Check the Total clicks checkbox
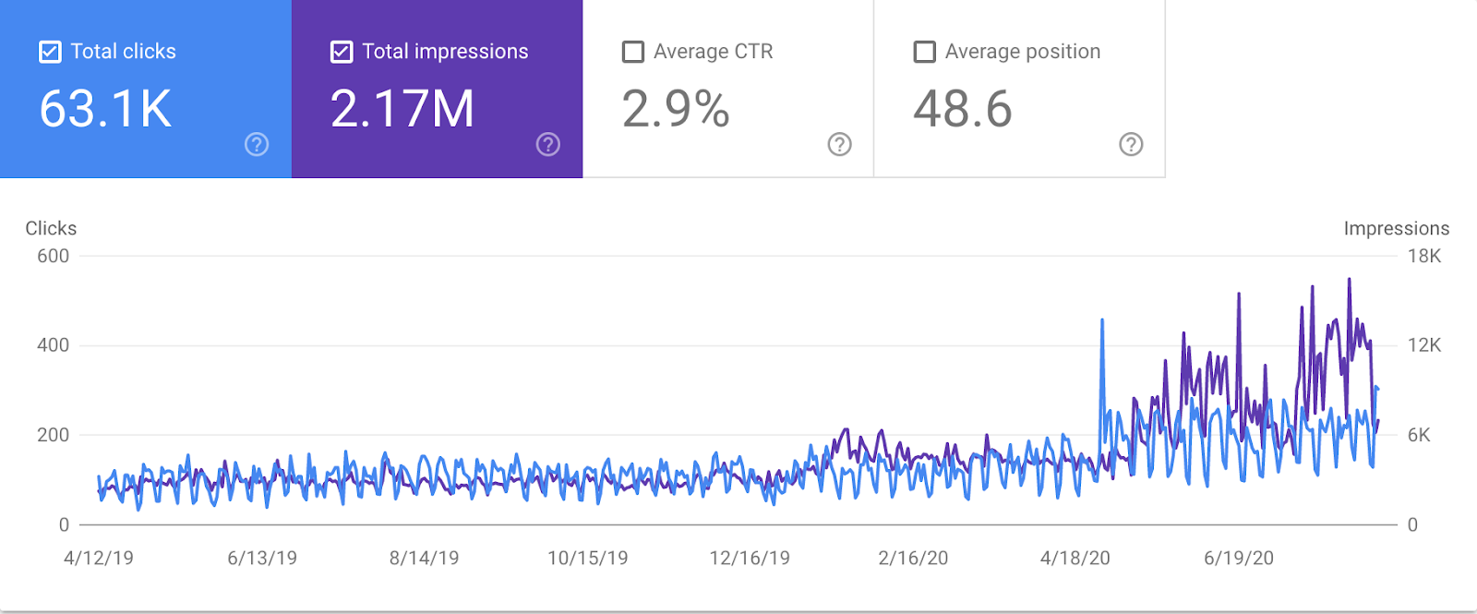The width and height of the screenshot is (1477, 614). click(50, 52)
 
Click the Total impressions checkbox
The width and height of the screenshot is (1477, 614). click(342, 52)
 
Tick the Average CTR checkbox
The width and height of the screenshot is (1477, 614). click(633, 52)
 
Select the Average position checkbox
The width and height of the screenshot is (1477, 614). click(924, 52)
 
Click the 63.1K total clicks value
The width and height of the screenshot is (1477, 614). click(105, 109)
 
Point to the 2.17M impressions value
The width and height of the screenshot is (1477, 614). click(402, 109)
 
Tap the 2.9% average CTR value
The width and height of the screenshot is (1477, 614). click(676, 109)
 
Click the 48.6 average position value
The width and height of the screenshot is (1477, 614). click(963, 109)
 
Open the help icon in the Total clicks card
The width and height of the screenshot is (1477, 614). click(257, 144)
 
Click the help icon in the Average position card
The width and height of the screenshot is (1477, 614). click(1131, 144)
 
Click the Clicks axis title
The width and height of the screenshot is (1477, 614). click(51, 228)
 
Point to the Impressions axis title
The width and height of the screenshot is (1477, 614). click(1396, 228)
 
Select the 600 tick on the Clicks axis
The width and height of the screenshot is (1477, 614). click(53, 256)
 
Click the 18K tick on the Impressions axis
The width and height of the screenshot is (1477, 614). click(1423, 256)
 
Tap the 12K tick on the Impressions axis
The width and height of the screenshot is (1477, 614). click(1423, 345)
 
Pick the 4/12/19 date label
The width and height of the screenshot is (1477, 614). click(99, 558)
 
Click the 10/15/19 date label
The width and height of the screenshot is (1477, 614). click(588, 558)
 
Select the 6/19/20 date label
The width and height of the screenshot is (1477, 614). click(1239, 558)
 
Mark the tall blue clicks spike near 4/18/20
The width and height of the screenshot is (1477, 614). click(1102, 322)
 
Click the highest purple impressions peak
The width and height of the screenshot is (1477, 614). click(1350, 280)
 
